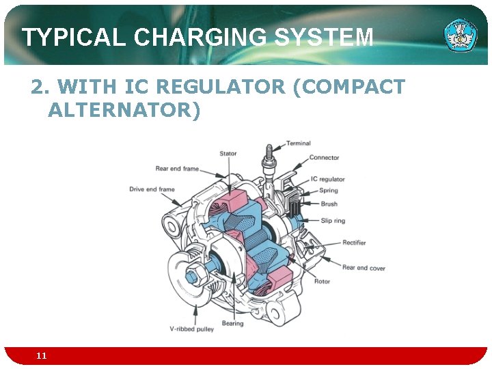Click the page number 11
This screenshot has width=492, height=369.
pos(42,356)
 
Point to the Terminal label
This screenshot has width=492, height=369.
pos(298,143)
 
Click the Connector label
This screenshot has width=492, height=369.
pos(324,158)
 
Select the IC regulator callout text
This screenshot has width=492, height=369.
pos(327,180)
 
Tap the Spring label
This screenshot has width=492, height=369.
pos(329,191)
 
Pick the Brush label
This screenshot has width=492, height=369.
pos(329,204)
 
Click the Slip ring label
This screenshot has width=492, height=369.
pos(333,221)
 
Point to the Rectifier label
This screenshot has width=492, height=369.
pos(354,243)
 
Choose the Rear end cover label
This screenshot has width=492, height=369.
pos(364,268)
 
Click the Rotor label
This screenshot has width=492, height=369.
pos(322,282)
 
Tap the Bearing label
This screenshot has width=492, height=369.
pos(232,323)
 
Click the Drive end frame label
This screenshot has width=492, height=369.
pos(152,189)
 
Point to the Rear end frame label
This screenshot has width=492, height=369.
pos(177,168)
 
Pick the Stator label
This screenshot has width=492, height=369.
pos(228,154)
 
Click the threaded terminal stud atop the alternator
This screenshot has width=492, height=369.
pos(270,154)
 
